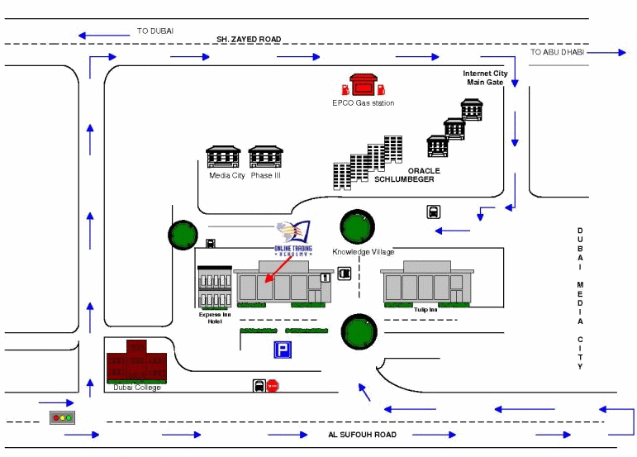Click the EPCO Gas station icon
point(364,85)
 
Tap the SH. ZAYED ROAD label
point(249,39)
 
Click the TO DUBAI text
point(155,31)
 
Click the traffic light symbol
point(62,418)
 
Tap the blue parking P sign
point(282,350)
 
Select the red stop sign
point(273,386)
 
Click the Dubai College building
point(137,361)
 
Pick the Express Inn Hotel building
point(215,288)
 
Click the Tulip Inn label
point(425,310)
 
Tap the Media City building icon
point(223,157)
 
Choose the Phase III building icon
point(266,157)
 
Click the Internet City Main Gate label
point(485,78)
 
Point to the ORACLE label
point(424,171)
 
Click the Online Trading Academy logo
point(293,239)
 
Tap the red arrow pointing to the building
point(278,271)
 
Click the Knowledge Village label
point(364,252)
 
